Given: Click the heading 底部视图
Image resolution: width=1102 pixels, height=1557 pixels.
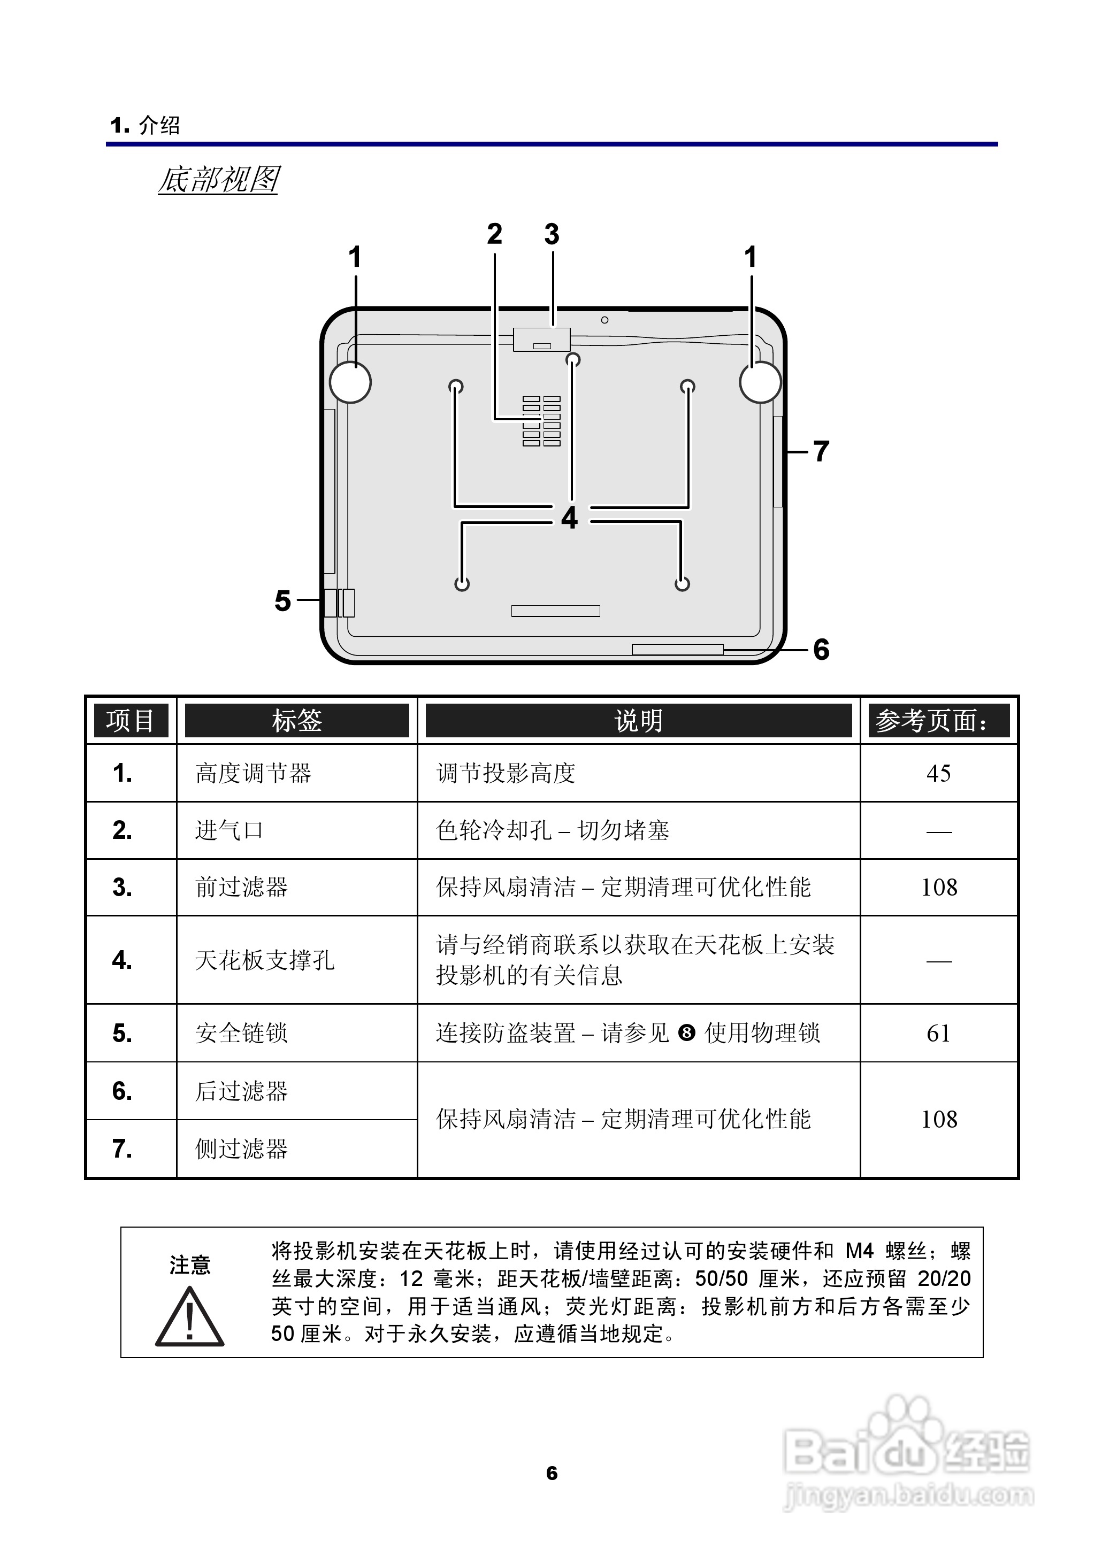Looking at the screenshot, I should (218, 180).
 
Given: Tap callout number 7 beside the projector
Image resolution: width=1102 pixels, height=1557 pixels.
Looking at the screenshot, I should (821, 451).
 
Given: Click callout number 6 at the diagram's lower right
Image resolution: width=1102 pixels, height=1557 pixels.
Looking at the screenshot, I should (821, 650).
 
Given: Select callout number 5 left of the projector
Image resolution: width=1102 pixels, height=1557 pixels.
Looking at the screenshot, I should (282, 601).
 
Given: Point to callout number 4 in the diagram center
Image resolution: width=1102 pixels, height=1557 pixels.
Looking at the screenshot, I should (569, 518).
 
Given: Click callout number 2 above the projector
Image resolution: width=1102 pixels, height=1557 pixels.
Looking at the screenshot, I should (495, 235).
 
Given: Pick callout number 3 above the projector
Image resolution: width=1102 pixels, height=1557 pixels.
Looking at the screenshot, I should (552, 235).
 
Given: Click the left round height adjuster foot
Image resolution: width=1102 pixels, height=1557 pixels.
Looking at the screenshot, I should (350, 382).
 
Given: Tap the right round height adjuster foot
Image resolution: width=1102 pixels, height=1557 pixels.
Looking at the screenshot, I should (760, 382).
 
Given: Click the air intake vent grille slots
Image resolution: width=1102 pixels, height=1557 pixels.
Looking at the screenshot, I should (541, 421).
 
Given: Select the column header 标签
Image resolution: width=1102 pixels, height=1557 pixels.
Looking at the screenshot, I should (296, 720).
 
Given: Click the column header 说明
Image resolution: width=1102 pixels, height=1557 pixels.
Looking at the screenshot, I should (638, 720).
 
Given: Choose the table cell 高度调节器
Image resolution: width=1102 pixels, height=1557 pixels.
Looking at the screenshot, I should (253, 773).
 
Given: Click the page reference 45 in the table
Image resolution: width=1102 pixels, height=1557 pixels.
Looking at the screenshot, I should (938, 773).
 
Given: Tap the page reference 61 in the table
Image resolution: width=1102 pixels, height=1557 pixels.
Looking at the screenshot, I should (938, 1034).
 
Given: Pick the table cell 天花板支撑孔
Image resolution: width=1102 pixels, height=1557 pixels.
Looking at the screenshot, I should (265, 960).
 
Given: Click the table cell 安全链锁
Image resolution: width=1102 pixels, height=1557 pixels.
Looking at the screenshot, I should (242, 1034).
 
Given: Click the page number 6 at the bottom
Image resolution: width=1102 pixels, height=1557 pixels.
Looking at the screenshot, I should (552, 1473).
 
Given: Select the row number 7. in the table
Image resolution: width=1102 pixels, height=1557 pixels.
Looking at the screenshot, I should (122, 1149).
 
